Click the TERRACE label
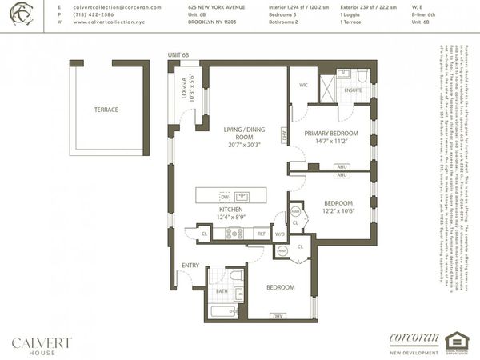coord(106,110)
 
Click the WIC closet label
coord(303,85)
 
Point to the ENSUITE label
coord(354,90)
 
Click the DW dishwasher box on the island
coord(225,196)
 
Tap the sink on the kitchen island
coord(242,196)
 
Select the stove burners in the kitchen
coord(234,234)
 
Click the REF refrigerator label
coord(260,234)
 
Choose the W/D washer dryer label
coord(279,235)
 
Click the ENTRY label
coord(190,265)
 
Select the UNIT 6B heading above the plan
coord(180,55)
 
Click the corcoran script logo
coord(414,337)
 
